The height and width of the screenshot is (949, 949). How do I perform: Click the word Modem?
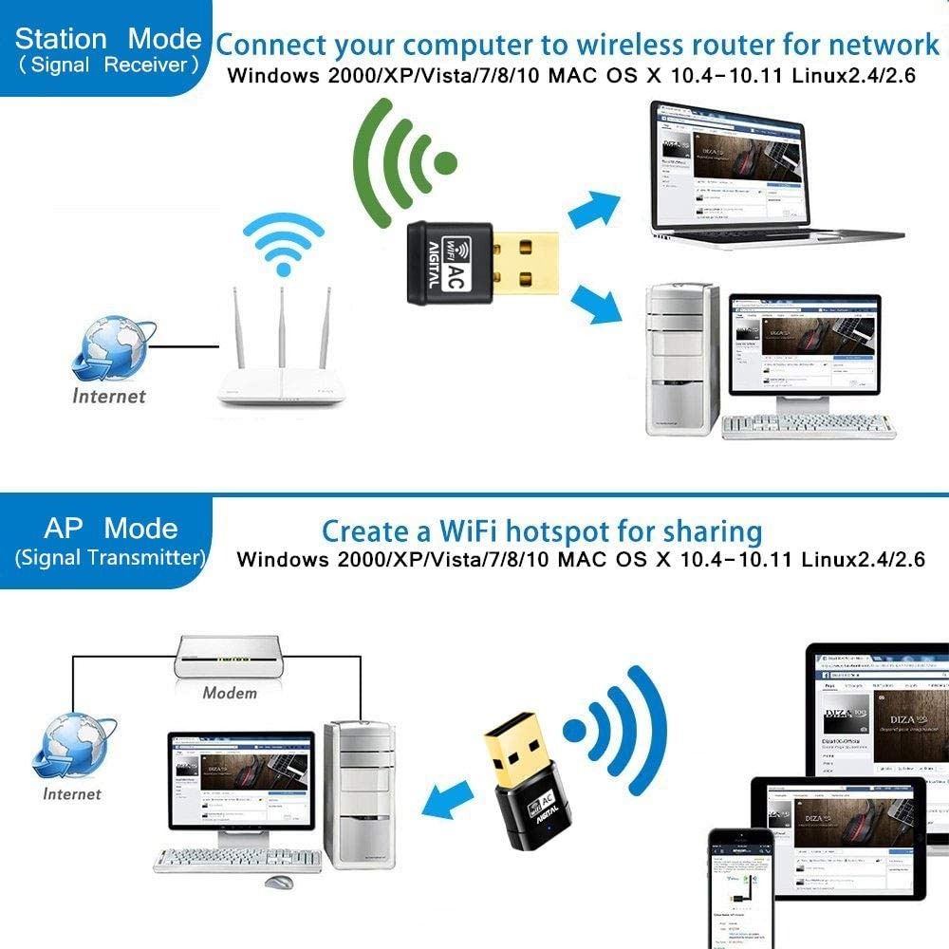click(x=230, y=693)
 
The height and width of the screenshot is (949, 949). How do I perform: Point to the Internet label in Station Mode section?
click(x=109, y=396)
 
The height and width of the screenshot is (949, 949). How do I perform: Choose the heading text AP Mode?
click(x=110, y=528)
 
